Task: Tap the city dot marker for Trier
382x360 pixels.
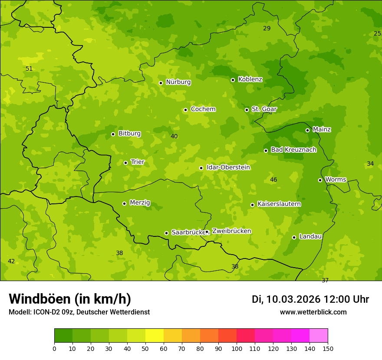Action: coord(126,163)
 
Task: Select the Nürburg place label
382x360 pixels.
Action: coord(178,82)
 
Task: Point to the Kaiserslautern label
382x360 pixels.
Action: coord(279,204)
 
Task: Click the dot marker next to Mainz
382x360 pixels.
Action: coord(307,130)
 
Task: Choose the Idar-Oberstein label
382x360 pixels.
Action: coord(228,167)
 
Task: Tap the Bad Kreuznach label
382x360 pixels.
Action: coord(293,150)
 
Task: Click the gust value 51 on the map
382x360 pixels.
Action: coord(29,69)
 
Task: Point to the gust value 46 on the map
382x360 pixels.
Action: coord(273,180)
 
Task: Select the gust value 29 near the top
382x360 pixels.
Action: coord(267,28)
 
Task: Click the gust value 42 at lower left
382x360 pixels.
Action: coord(11,261)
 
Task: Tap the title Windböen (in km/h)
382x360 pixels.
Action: coord(70,299)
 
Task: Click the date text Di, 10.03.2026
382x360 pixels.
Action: coord(286,299)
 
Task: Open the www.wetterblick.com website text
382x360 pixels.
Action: coord(313,312)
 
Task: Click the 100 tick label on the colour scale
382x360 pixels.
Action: coord(237,349)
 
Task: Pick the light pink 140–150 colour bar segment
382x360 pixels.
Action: coord(319,336)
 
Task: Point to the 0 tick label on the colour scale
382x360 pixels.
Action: coord(54,349)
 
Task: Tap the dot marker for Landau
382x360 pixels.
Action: coord(294,237)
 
